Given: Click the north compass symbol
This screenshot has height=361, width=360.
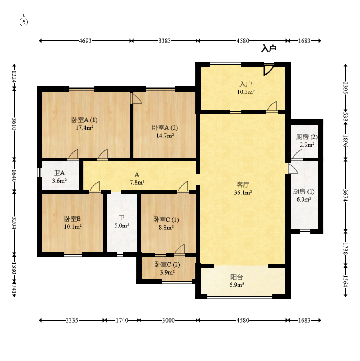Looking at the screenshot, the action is coord(24,22).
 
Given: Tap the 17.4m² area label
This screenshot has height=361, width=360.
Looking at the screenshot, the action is coord(85,128).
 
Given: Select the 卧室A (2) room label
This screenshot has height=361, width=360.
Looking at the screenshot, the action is coord(165,128).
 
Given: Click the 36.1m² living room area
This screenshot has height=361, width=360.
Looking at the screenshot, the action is coord(243,192).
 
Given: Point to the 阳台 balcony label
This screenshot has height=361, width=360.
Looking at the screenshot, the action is coord(237,277).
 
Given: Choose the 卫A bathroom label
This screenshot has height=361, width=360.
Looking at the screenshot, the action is coord(59,173).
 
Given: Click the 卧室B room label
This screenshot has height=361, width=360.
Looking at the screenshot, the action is coord(73,219).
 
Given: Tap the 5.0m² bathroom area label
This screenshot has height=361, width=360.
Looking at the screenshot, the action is coord(122,225).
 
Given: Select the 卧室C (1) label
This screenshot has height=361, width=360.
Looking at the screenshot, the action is coord(166,220).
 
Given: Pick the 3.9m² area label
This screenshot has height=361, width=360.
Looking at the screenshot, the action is coord(167,272).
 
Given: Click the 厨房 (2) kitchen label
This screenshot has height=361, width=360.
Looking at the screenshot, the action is coord(307,137).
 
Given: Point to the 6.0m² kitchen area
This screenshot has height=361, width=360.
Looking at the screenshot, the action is coord(304,200).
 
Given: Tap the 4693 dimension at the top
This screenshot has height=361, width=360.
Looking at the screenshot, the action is coord(85,41).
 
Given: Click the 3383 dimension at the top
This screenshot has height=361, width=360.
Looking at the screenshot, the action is coord(164,41).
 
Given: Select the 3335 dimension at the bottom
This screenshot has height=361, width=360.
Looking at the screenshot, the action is coord(72,320).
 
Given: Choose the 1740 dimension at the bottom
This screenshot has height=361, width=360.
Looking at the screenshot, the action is coord(122,320).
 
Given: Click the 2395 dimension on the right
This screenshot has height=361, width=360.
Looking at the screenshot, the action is coord(345,88).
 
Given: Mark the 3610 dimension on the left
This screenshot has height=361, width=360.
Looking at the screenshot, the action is coord(14,124).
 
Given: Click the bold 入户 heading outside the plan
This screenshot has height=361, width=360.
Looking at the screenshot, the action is coord(269,49).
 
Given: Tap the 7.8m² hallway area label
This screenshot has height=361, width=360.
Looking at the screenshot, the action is coord(137,182).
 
